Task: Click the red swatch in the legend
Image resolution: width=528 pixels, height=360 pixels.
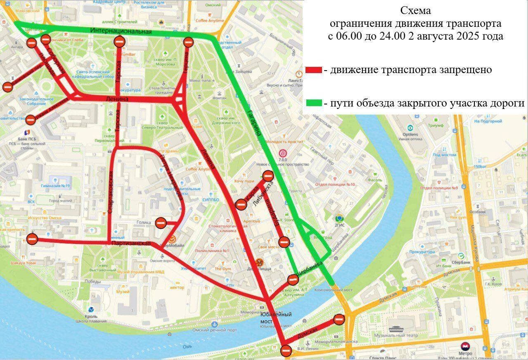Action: point(314,70)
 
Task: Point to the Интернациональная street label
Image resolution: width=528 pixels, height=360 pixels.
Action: point(121,31)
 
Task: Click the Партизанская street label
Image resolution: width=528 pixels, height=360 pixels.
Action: point(131,244)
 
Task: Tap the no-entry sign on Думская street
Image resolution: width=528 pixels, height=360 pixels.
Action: point(339,319)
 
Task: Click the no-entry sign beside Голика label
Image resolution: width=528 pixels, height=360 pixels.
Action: point(161,223)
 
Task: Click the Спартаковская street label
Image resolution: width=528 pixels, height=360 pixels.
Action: point(110,195)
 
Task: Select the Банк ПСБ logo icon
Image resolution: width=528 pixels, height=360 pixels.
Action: point(27,132)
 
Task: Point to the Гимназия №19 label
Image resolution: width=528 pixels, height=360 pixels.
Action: point(56,186)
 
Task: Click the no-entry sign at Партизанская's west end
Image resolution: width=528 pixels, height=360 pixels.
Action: point(32,239)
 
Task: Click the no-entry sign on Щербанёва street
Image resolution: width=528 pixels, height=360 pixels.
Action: point(293,279)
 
